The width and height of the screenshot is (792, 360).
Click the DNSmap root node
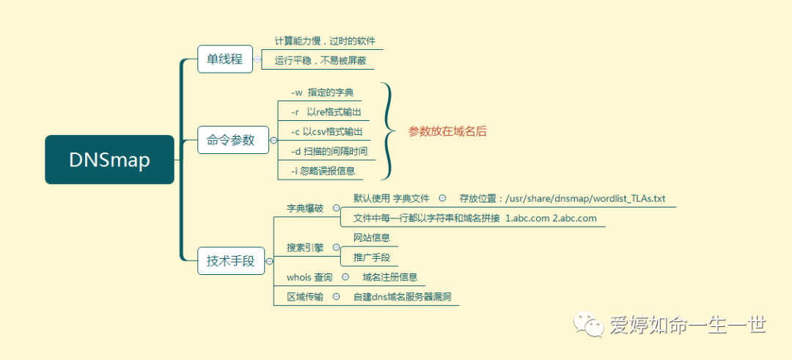click(x=109, y=160)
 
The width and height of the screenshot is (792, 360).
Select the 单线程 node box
click(x=224, y=59)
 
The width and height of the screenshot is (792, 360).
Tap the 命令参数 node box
click(x=231, y=140)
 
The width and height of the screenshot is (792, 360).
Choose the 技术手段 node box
click(x=230, y=260)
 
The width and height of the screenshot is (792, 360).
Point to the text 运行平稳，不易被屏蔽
click(x=320, y=61)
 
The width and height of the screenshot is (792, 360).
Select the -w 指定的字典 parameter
click(x=322, y=92)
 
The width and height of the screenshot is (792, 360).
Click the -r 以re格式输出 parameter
click(x=326, y=112)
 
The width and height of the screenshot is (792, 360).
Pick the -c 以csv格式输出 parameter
click(x=326, y=132)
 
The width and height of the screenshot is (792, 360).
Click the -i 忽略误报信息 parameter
click(x=323, y=172)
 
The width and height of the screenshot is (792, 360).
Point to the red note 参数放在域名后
click(x=447, y=132)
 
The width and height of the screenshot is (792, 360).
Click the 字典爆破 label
click(x=304, y=208)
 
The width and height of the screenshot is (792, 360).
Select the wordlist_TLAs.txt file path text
click(x=562, y=198)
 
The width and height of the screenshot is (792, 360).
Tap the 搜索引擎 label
click(x=304, y=248)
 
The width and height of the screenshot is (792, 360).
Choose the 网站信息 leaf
click(x=371, y=238)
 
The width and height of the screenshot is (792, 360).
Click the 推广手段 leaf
click(x=371, y=257)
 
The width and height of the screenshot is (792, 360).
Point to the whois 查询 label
click(x=309, y=277)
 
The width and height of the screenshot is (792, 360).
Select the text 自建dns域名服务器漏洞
click(x=402, y=297)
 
